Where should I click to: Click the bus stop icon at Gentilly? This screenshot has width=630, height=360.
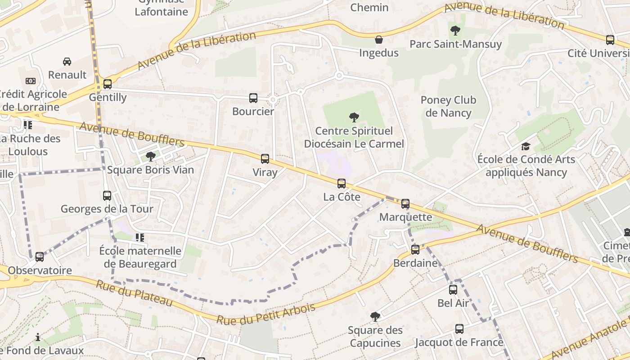(107, 84)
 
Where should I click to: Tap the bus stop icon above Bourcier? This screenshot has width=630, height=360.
(253, 98)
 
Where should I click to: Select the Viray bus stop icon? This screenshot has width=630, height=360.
(265, 159)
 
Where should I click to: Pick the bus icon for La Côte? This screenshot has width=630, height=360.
(342, 184)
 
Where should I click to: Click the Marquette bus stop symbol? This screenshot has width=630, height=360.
(405, 204)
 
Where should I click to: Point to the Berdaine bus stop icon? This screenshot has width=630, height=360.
(415, 249)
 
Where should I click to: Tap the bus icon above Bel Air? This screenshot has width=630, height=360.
(453, 290)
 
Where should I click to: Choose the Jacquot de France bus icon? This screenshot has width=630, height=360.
(459, 329)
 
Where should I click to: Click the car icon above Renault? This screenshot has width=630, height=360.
(67, 61)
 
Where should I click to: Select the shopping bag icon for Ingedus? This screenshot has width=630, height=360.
(379, 40)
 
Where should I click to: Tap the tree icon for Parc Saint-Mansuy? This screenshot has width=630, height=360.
(455, 31)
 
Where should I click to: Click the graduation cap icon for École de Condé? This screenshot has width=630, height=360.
(526, 146)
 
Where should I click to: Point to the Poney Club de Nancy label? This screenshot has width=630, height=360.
(448, 107)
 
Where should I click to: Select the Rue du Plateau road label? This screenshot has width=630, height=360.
(134, 293)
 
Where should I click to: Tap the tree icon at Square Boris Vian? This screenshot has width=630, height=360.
(151, 157)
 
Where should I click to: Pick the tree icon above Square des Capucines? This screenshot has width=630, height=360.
(375, 317)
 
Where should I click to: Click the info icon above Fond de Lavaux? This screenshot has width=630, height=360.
(38, 337)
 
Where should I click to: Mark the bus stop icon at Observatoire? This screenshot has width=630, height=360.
(40, 257)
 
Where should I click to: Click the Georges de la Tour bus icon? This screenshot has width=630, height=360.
(107, 196)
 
